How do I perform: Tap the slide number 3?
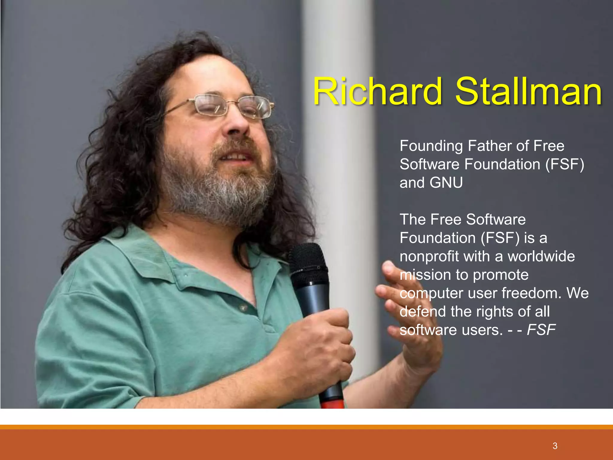[555, 446]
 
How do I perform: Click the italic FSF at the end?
[541, 330]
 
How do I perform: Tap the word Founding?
[431, 146]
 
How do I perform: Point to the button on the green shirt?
[243, 308]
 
